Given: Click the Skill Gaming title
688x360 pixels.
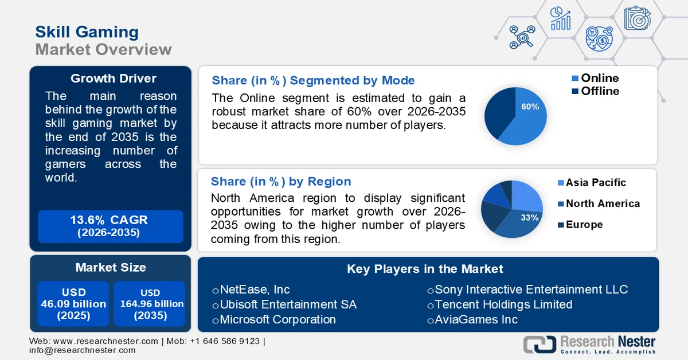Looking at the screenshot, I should tap(87, 32).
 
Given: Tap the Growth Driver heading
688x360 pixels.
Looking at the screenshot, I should tap(114, 79).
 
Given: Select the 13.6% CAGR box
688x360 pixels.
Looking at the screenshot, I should tap(110, 226).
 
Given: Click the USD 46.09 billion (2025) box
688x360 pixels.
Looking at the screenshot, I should tap(73, 304).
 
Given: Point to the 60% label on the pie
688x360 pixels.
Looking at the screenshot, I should tap(530, 107).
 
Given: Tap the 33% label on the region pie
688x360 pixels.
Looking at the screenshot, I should tap(529, 218).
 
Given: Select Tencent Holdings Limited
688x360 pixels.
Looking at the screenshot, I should tap(503, 304).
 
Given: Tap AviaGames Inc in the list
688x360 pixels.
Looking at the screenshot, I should tap(475, 319).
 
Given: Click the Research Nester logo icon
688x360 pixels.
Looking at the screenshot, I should tap(539, 343).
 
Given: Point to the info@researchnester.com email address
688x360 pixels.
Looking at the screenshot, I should tap(83, 350).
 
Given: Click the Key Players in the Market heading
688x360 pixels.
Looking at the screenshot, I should tap(425, 269).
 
